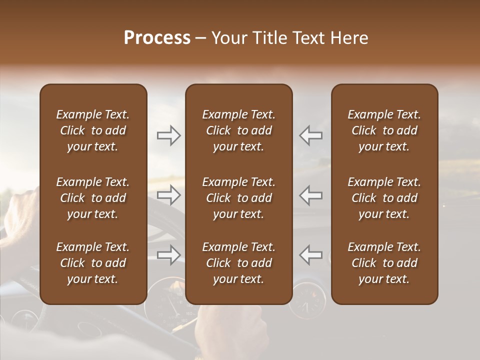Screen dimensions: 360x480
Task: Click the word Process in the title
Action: (x=157, y=38)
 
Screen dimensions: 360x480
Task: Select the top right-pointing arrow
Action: (x=169, y=135)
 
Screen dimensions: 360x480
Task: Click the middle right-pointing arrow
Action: (x=169, y=195)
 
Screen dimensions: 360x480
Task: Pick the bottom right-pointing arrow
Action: (x=169, y=255)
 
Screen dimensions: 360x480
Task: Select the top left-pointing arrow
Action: (x=311, y=135)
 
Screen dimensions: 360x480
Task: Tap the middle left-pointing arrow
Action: (x=311, y=195)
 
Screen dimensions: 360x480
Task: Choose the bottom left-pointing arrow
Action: (x=311, y=255)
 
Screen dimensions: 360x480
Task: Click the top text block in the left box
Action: (x=93, y=130)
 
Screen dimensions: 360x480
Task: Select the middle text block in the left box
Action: (x=93, y=198)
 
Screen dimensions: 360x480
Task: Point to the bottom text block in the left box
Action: (x=93, y=263)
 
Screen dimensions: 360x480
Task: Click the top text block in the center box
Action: (x=238, y=130)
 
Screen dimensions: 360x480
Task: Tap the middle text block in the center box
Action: (x=238, y=198)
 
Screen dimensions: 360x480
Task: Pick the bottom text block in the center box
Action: (x=238, y=263)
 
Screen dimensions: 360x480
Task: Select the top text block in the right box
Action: (x=384, y=130)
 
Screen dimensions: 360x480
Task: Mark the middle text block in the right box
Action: (x=384, y=198)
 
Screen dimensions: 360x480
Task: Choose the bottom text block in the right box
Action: (x=384, y=263)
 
